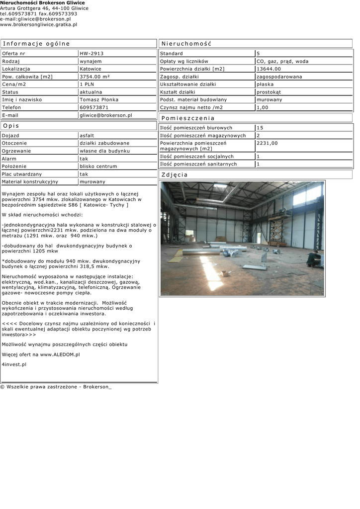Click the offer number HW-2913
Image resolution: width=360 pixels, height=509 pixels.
click(x=91, y=53)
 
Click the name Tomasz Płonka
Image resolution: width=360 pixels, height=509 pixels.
click(x=99, y=99)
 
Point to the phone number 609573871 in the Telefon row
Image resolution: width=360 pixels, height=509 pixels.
click(x=94, y=107)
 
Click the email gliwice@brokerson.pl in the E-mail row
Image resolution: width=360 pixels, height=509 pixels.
click(x=105, y=115)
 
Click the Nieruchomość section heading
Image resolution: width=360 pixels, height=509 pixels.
click(x=186, y=44)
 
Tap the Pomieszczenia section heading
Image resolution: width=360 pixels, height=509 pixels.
click(x=188, y=118)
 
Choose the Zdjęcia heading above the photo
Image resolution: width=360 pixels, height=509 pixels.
click(x=175, y=175)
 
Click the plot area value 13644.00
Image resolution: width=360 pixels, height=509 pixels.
click(x=269, y=69)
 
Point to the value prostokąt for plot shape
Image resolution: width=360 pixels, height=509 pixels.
click(x=269, y=92)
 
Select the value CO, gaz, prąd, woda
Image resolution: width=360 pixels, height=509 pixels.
click(x=282, y=61)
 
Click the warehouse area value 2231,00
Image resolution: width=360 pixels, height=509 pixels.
click(x=267, y=143)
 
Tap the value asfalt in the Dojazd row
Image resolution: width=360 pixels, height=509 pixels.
click(x=87, y=135)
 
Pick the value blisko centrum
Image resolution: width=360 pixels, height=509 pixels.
click(x=98, y=166)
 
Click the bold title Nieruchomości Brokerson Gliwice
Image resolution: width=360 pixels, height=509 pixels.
click(x=42, y=3)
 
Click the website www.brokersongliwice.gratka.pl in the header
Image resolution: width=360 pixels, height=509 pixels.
click(x=38, y=24)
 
